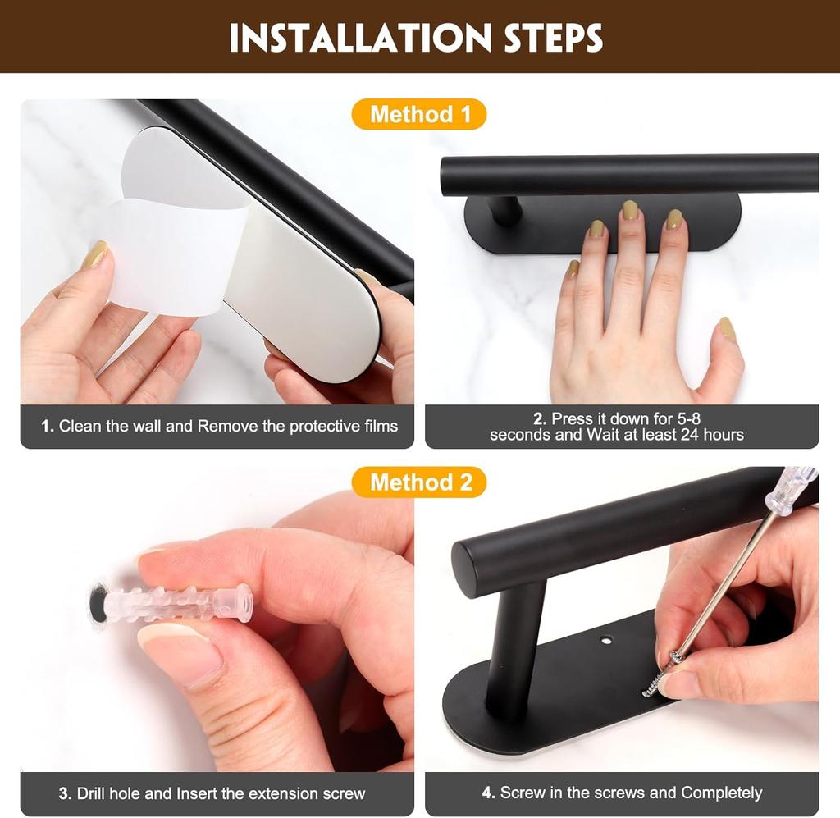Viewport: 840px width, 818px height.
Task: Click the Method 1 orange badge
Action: click(419, 115)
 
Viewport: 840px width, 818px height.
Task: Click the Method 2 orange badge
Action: click(419, 482)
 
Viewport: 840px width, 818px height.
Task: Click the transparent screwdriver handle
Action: click(788, 491)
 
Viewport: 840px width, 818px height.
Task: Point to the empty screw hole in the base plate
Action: click(607, 637)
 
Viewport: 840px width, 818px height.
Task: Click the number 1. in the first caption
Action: click(48, 427)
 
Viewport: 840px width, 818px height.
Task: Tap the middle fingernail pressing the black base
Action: click(630, 210)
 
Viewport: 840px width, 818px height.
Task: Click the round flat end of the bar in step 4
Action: click(472, 566)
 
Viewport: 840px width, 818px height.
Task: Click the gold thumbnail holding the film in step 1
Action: click(94, 256)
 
